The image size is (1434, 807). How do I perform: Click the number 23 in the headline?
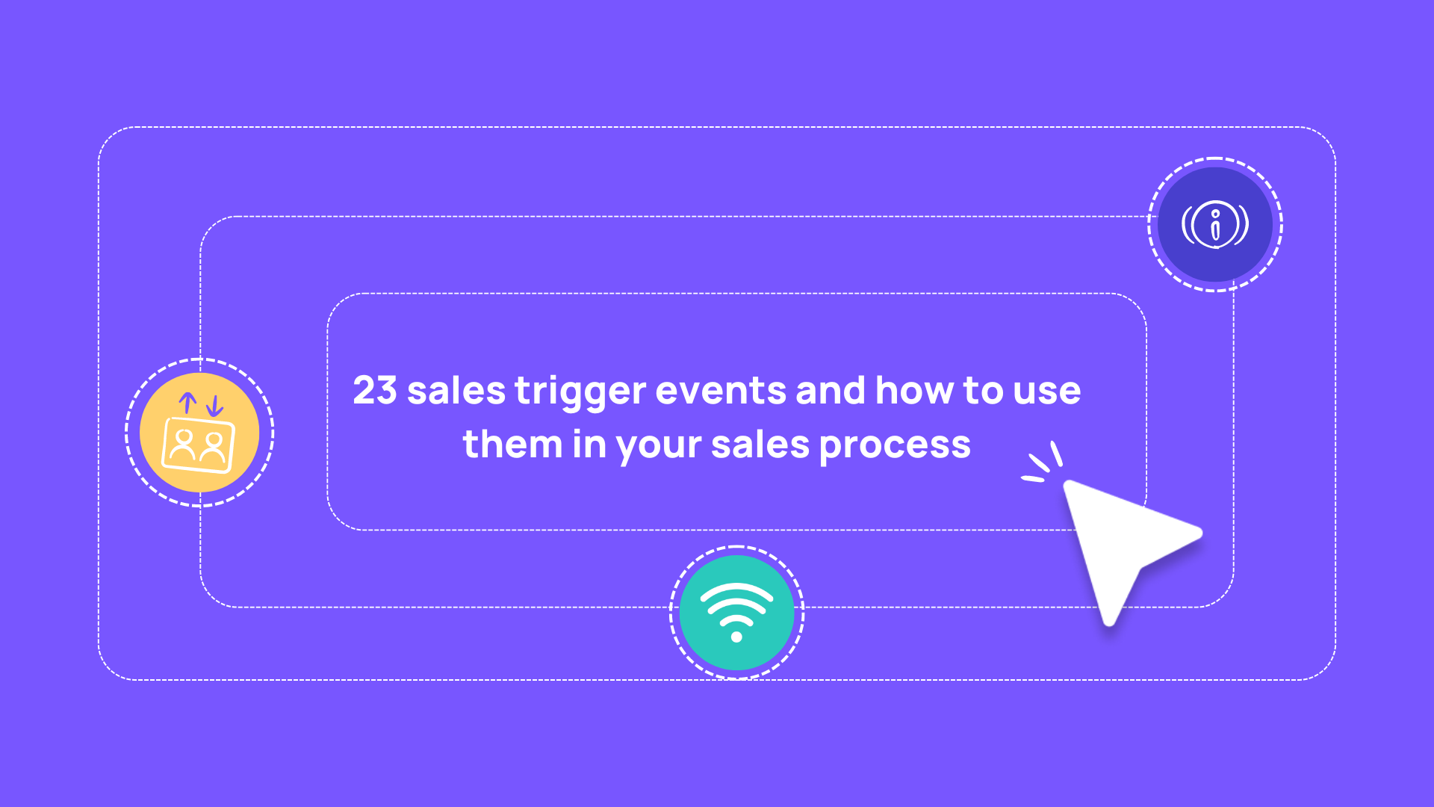coord(374,390)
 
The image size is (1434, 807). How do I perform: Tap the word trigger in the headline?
coord(580,392)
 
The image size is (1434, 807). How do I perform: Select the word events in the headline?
coord(721,390)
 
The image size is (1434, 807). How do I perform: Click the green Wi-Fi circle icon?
coord(736,612)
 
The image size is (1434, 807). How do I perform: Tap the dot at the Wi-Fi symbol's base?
coord(736,637)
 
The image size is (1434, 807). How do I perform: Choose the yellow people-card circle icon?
coord(199,433)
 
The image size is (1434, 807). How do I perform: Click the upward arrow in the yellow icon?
coord(187,403)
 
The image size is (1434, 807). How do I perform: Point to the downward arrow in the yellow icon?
coord(215,406)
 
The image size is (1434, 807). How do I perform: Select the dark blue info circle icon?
coord(1215,224)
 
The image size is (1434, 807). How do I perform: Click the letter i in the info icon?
coord(1215,225)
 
